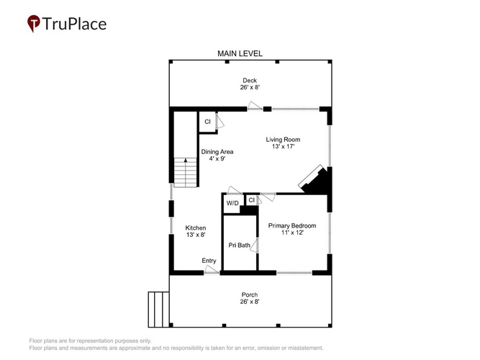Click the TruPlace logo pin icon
34,23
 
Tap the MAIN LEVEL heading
240,53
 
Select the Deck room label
250,80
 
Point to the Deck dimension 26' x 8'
250,87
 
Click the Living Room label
283,140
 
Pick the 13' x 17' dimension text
283,146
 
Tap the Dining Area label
217,152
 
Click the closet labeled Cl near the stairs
207,122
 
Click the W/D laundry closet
232,204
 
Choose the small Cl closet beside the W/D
252,200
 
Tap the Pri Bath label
239,245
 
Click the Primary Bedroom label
292,225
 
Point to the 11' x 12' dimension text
292,233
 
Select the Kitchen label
196,228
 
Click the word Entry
209,261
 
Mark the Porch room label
250,294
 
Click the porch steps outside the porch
158,310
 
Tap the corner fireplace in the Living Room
315,180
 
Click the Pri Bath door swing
254,246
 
